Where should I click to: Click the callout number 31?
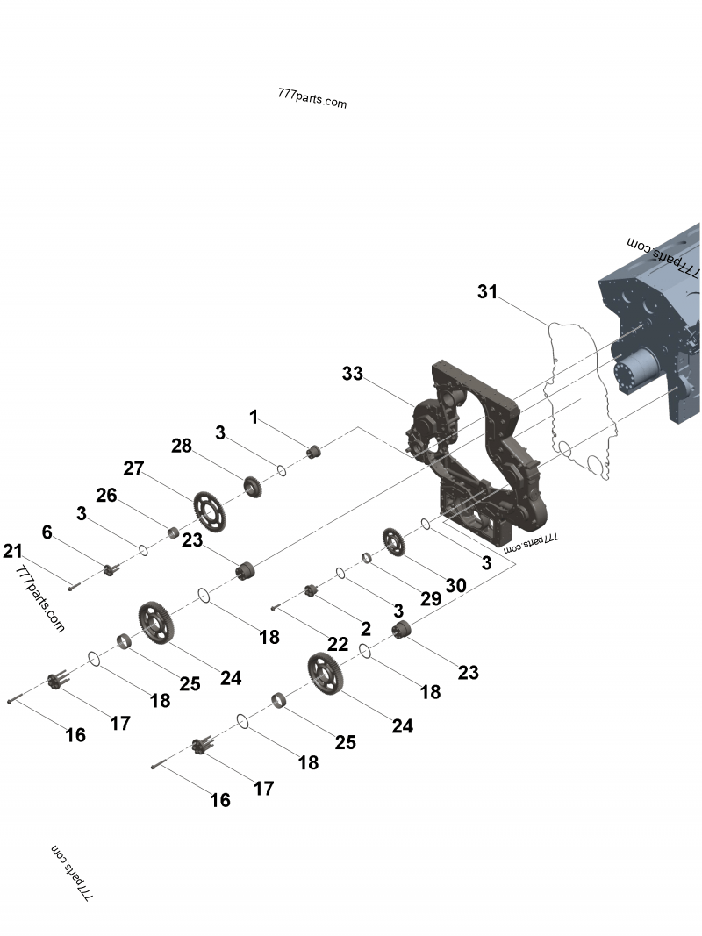tap(487, 291)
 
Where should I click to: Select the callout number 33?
tap(352, 374)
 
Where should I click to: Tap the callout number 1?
tap(254, 418)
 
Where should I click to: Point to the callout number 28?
tap(182, 447)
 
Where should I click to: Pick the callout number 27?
tap(133, 468)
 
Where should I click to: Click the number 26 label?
tap(106, 496)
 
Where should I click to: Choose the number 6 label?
tap(47, 532)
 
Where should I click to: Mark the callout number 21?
tap(11, 551)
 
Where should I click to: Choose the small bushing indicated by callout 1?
tap(312, 453)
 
